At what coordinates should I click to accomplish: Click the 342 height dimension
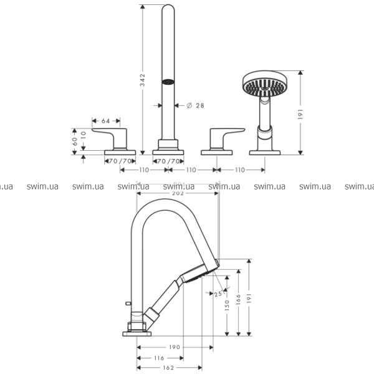(143, 80)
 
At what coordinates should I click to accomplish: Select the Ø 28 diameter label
(195, 105)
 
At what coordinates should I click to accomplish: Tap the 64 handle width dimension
(105, 120)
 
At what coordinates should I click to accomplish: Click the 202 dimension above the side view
(178, 193)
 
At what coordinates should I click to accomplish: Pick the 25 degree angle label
(218, 293)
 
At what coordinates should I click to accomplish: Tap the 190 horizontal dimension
(174, 347)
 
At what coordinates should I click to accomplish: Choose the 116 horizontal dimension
(159, 358)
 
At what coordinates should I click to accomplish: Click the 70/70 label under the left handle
(120, 161)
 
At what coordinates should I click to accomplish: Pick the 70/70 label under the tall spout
(168, 161)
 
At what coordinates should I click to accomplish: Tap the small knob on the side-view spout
(128, 302)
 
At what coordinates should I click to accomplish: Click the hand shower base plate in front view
(266, 151)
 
